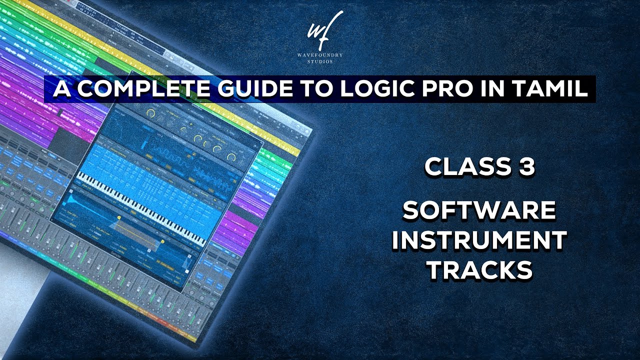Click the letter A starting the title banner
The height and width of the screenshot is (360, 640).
click(x=60, y=89)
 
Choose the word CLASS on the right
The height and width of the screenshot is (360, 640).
click(x=459, y=167)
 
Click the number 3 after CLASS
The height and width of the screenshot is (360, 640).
click(x=524, y=167)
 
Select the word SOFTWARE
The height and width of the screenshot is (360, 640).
click(x=479, y=210)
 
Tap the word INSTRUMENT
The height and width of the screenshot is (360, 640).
click(x=479, y=240)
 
